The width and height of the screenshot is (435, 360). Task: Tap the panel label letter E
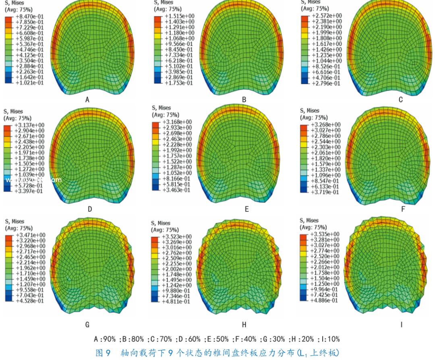[246, 209]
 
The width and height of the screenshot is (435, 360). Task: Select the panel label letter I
[401, 324]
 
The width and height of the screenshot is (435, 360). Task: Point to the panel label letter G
[87, 324]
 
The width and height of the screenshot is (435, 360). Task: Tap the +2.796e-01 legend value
[325, 83]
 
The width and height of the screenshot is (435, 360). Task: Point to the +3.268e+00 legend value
[326, 124]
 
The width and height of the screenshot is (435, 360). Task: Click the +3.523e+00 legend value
[177, 236]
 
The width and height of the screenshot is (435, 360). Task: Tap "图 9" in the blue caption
[104, 353]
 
